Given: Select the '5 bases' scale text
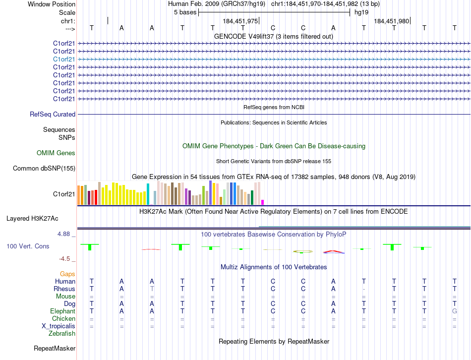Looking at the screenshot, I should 185,12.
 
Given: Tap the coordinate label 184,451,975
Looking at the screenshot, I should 240,21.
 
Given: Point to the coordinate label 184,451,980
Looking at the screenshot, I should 392,21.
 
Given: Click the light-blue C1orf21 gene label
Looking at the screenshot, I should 64,59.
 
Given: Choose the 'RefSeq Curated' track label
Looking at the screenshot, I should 53,115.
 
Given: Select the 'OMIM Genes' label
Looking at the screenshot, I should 56,153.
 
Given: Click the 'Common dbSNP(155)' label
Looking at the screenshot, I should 44,169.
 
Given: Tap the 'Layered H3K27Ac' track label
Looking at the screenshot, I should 32,218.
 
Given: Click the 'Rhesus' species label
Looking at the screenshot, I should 65,289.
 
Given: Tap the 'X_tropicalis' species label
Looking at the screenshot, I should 59,326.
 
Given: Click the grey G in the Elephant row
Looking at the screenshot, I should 454,311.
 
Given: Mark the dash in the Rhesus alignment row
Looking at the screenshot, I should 364,289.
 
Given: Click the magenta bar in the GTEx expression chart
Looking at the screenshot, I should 262,202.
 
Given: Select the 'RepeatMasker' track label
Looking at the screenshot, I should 55,349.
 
